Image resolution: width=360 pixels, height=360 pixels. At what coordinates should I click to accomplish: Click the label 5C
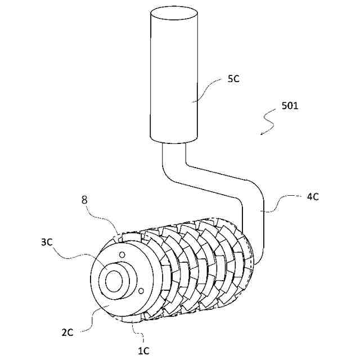(x=233, y=79)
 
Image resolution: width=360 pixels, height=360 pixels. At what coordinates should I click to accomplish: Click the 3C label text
(x=47, y=243)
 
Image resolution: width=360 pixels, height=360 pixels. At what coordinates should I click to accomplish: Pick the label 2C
(x=66, y=332)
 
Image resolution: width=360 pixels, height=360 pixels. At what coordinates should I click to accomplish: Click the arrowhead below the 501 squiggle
(x=262, y=134)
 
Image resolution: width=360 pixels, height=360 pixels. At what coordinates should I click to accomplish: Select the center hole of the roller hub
(x=115, y=280)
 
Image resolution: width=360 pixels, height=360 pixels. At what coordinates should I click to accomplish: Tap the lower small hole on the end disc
(x=141, y=290)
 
